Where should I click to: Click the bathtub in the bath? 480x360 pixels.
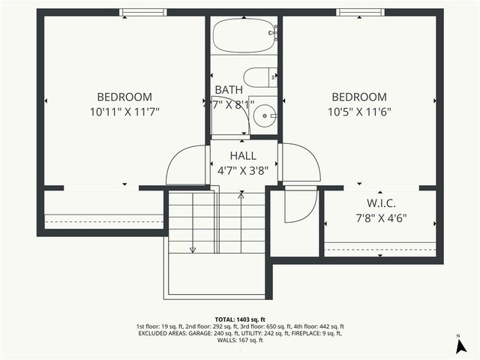pos(244,34)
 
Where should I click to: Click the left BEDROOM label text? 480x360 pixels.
pos(124,97)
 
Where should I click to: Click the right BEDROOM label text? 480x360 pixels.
pos(359,97)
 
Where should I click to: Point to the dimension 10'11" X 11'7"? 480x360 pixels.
pos(124,112)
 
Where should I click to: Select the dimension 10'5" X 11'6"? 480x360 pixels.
pos(359,112)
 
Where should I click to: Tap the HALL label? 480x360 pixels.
pos(243,154)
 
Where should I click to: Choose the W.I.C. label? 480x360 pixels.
pos(381,204)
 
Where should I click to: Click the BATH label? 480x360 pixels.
pos(229,90)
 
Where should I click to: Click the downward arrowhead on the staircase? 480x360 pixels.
pos(193,249)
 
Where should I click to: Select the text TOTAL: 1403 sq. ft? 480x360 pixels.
pos(240,319)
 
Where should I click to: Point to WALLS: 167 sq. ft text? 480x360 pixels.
pos(240,340)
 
